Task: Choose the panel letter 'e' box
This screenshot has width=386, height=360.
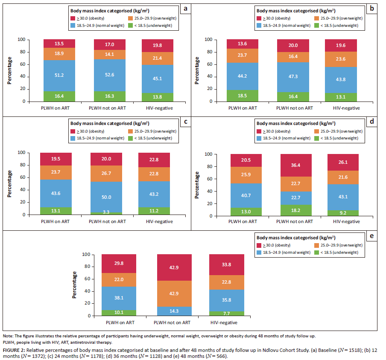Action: coord(372,236)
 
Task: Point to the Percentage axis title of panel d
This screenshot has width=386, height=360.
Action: coord(197,185)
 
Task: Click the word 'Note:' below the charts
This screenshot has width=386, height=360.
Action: coord(8,337)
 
